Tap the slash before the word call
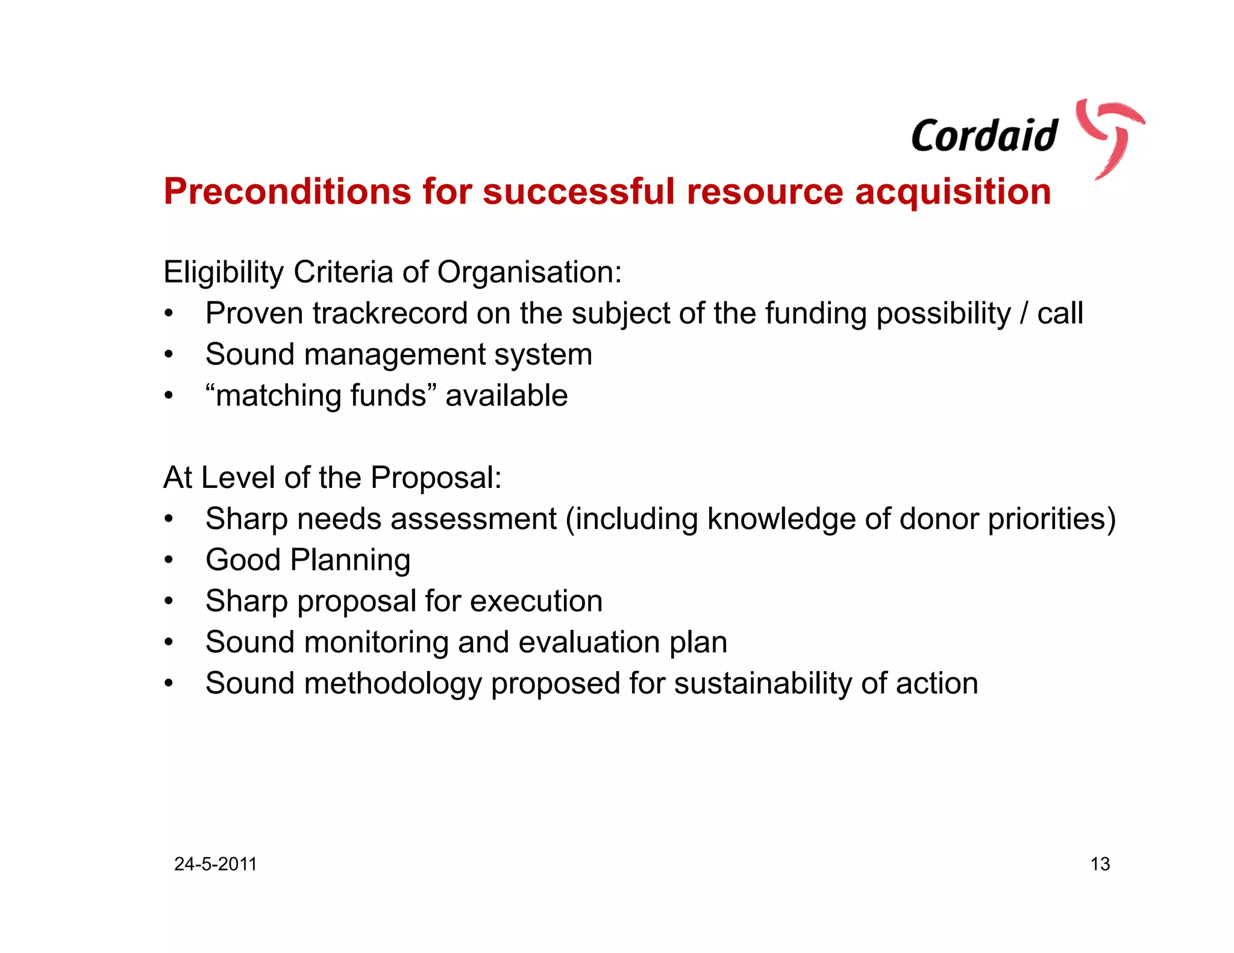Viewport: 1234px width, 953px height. pyautogui.click(x=1024, y=313)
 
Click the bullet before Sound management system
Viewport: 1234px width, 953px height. pyautogui.click(x=169, y=355)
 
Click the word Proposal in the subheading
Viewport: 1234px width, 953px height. pyautogui.click(x=436, y=478)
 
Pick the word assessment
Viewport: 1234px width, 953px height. pyautogui.click(x=477, y=519)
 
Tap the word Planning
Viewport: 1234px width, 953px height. pyautogui.click(x=350, y=560)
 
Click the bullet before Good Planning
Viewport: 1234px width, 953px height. pyautogui.click(x=169, y=560)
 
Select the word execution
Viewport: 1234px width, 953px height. pyautogui.click(x=536, y=601)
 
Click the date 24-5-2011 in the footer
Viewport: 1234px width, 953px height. pyautogui.click(x=216, y=864)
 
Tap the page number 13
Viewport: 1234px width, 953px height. pyautogui.click(x=1100, y=864)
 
